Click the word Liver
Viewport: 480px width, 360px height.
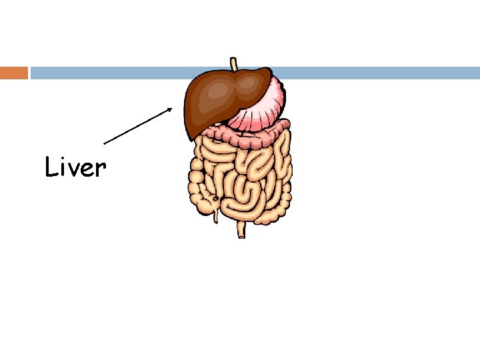[x=75, y=167]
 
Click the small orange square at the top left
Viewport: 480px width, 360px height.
[x=14, y=73]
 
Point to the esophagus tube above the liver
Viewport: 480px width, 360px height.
[x=233, y=64]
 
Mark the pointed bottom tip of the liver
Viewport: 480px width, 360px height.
[x=193, y=137]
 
